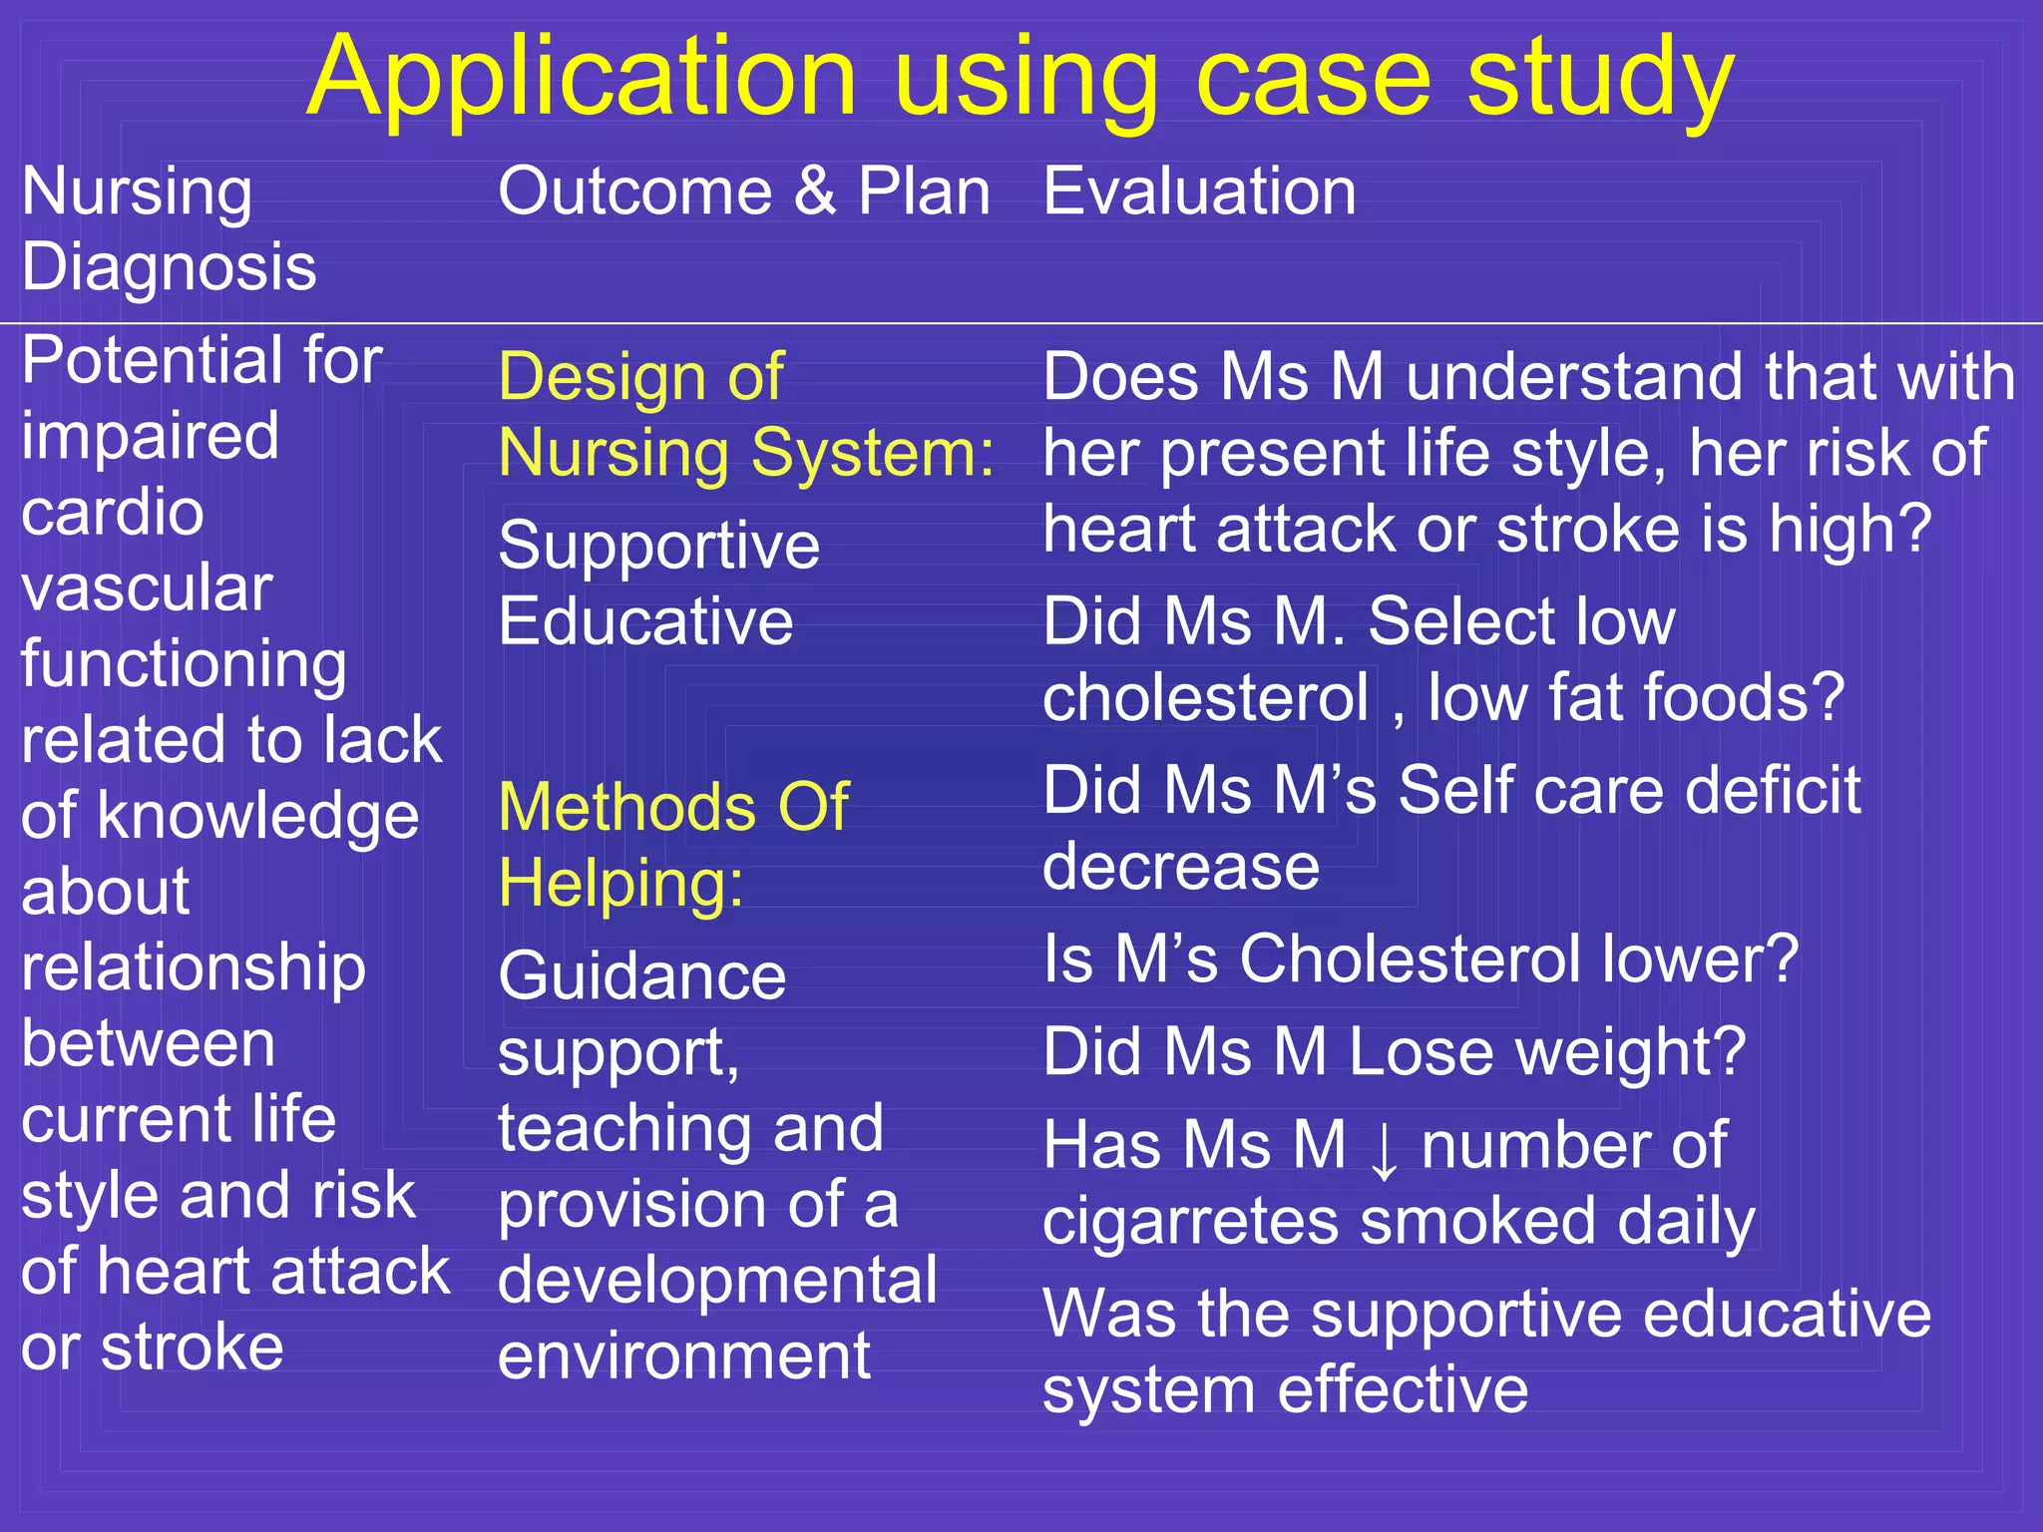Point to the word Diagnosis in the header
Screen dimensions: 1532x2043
point(169,267)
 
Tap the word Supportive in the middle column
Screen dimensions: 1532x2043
point(658,548)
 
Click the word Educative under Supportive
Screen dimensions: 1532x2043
point(645,621)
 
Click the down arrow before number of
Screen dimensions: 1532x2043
point(1384,1149)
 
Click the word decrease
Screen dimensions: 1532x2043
point(1181,866)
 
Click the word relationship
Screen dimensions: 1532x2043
point(194,967)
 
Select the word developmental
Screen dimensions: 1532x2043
point(717,1281)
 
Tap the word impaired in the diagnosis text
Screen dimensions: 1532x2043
point(150,437)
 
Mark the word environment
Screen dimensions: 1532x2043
point(684,1356)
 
